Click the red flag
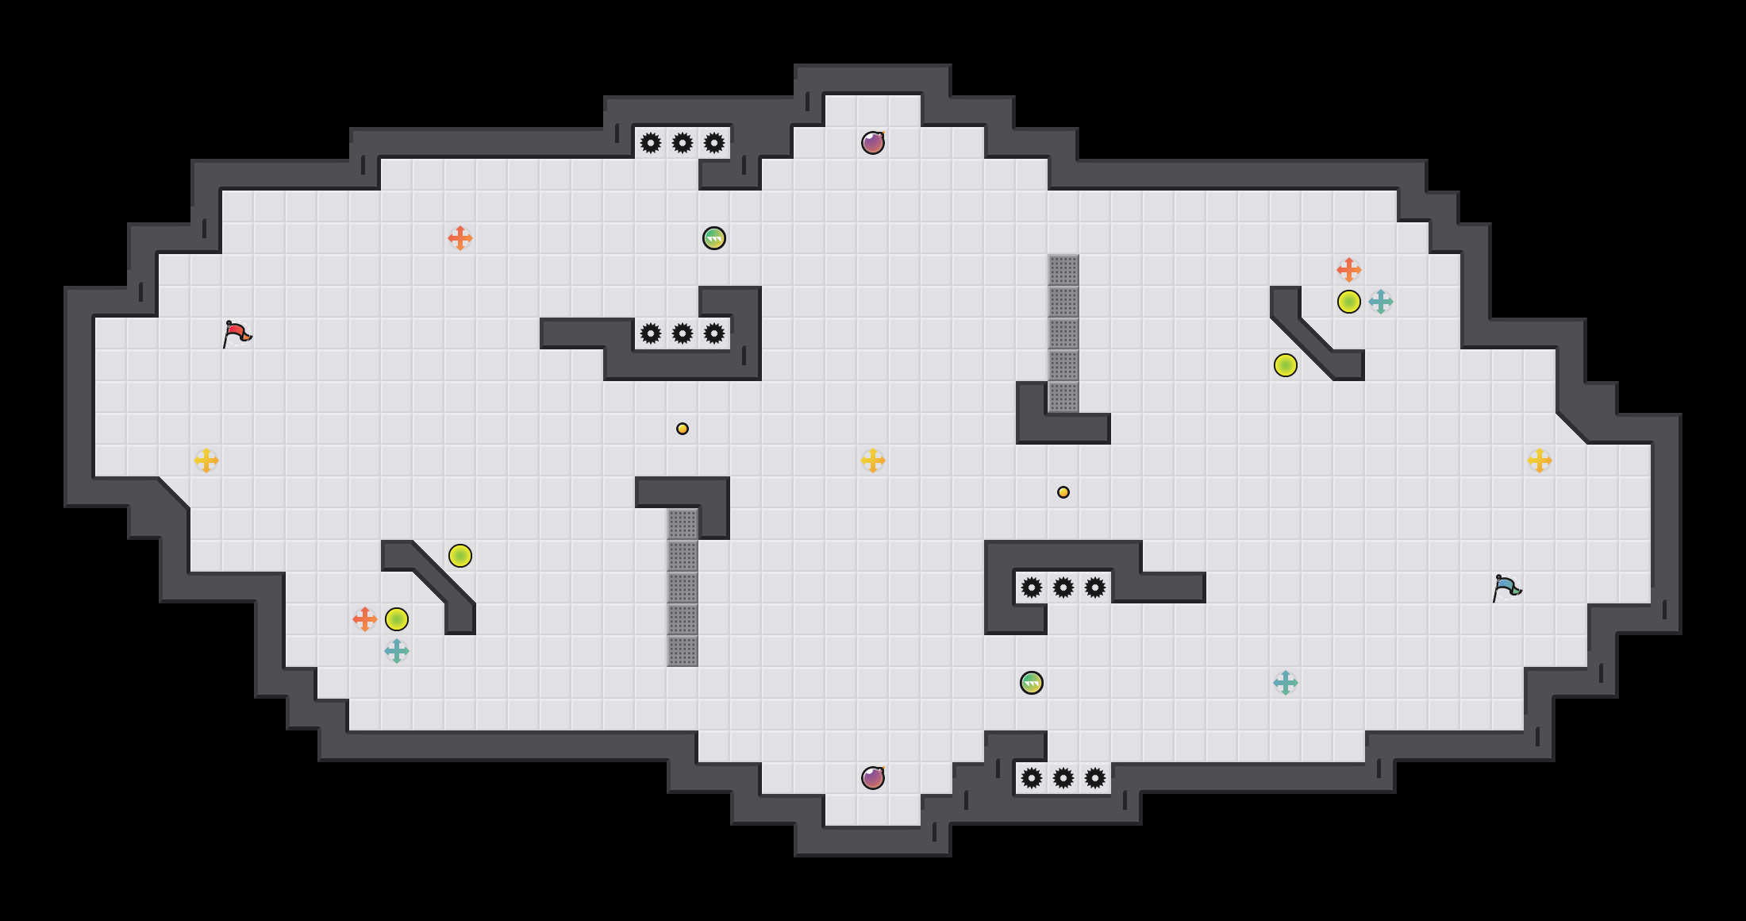coord(236,334)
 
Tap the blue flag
coord(1506,588)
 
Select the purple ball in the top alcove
coord(873,143)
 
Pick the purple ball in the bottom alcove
coord(873,778)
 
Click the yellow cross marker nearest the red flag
coord(206,460)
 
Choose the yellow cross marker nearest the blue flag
coord(1540,460)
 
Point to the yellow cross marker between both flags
coord(873,460)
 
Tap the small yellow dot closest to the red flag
coord(683,429)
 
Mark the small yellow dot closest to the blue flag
coord(1063,492)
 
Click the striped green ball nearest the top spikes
coord(714,238)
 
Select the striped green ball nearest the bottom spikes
coord(1032,683)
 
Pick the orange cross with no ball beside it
coord(460,238)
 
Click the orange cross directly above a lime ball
coord(1349,270)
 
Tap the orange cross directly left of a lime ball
coord(365,619)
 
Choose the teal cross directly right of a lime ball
coord(1381,302)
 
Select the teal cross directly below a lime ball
coord(397,651)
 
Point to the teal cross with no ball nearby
coord(1286,683)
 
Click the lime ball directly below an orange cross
coord(1349,302)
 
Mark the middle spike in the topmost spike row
coord(683,143)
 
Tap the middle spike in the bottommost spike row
coord(1063,778)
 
